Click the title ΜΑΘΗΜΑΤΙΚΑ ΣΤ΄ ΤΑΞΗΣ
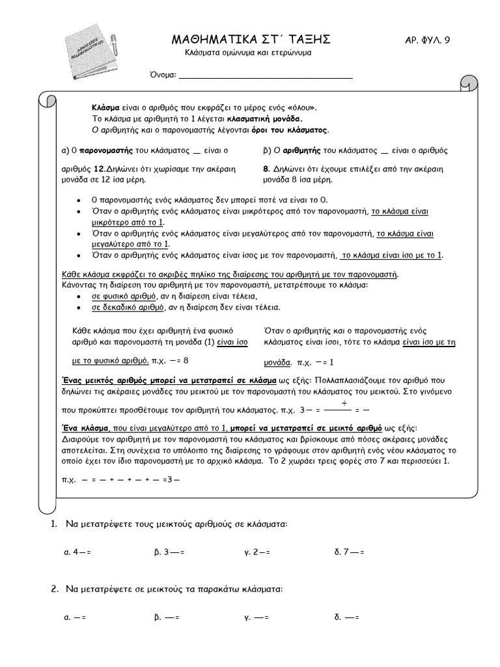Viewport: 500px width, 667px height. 250,40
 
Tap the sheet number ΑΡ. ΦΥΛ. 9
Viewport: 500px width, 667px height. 427,41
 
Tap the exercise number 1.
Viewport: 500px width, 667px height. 54,524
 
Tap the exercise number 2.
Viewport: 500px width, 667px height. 55,589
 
